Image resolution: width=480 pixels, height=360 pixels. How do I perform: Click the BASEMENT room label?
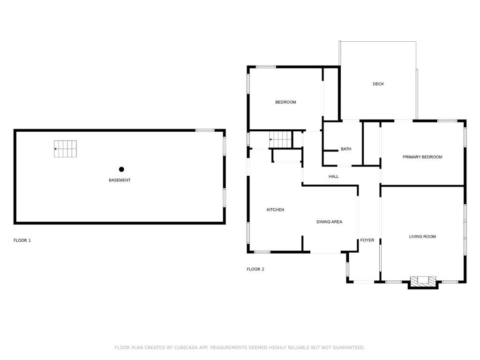120,180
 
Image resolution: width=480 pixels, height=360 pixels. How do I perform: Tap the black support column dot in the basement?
121,169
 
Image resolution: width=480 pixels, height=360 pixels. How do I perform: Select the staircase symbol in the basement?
65,149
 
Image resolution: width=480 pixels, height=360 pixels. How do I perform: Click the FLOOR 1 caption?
22,240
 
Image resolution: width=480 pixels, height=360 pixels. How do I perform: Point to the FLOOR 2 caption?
255,270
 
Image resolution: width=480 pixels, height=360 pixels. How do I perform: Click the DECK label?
378,84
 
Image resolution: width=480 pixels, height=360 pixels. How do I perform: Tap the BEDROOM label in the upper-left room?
285,102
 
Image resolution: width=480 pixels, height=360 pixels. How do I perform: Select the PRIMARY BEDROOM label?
422,157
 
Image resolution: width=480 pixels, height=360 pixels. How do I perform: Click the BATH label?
346,149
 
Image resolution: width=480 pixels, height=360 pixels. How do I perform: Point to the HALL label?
334,177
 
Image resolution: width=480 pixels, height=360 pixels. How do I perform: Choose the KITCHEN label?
275,210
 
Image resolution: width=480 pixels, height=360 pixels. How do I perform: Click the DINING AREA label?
330,222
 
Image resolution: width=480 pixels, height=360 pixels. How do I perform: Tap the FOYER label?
367,240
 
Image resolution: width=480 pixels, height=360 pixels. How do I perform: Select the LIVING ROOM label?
422,237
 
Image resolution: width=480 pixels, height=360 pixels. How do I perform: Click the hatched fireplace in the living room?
423,282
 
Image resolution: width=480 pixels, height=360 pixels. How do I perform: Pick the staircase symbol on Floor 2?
280,139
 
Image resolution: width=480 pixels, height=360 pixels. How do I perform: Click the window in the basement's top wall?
205,130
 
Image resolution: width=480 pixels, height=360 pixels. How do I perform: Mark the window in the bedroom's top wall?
266,67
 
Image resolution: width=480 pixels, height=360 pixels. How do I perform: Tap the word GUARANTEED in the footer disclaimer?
349,348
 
